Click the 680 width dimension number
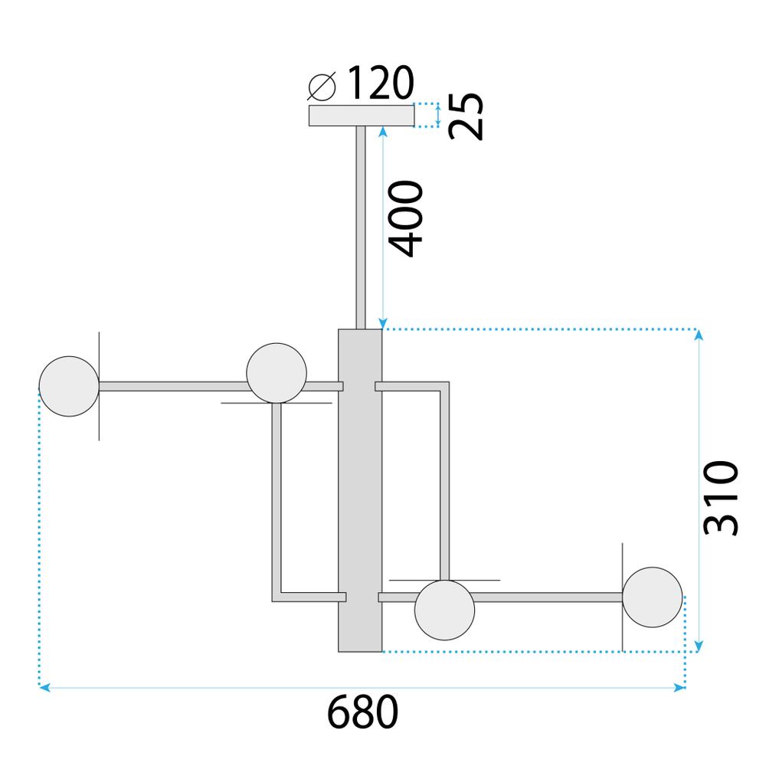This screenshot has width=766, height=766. pyautogui.click(x=364, y=714)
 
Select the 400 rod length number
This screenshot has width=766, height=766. pyautogui.click(x=404, y=219)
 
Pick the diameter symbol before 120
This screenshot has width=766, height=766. pyautogui.click(x=322, y=86)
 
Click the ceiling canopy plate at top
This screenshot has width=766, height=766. pyautogui.click(x=361, y=116)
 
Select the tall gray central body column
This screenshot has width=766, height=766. pyautogui.click(x=360, y=490)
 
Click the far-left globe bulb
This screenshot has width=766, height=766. pyautogui.click(x=69, y=386)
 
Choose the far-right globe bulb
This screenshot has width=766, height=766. pyautogui.click(x=652, y=597)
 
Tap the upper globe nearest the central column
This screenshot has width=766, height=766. pyautogui.click(x=277, y=372)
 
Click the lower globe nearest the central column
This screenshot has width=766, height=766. pyautogui.click(x=444, y=610)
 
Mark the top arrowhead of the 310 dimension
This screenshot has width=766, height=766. pyautogui.click(x=698, y=335)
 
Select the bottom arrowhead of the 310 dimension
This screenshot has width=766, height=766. pyautogui.click(x=698, y=647)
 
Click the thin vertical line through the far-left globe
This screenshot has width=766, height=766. pyautogui.click(x=99, y=429)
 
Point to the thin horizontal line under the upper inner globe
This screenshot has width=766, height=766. pyautogui.click(x=237, y=402)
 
